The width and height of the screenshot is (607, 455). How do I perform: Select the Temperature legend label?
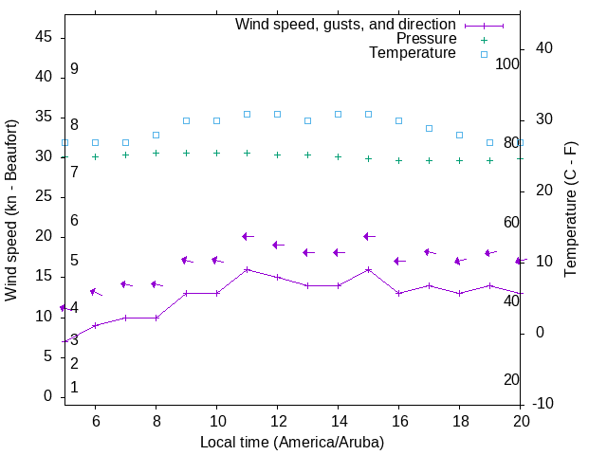pos(413,53)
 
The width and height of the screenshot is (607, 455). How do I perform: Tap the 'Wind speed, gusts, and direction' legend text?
pos(346,25)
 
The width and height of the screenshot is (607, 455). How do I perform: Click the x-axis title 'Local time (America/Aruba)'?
pos(292,442)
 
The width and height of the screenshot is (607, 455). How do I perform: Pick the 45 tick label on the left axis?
pos(43,36)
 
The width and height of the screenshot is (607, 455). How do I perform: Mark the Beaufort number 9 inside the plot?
pos(74,69)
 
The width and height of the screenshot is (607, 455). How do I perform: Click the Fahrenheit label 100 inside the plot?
pos(507,64)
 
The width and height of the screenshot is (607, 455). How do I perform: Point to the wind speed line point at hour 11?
pos(247,269)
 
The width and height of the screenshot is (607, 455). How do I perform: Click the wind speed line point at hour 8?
pos(156,318)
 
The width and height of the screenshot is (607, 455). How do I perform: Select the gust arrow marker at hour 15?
pos(368,236)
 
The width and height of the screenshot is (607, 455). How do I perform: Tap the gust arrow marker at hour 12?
pos(277,245)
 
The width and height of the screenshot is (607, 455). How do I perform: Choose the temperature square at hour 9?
pos(186,120)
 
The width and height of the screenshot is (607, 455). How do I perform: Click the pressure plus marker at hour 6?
pos(95,156)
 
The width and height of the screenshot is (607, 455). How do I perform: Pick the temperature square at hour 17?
pos(429,128)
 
